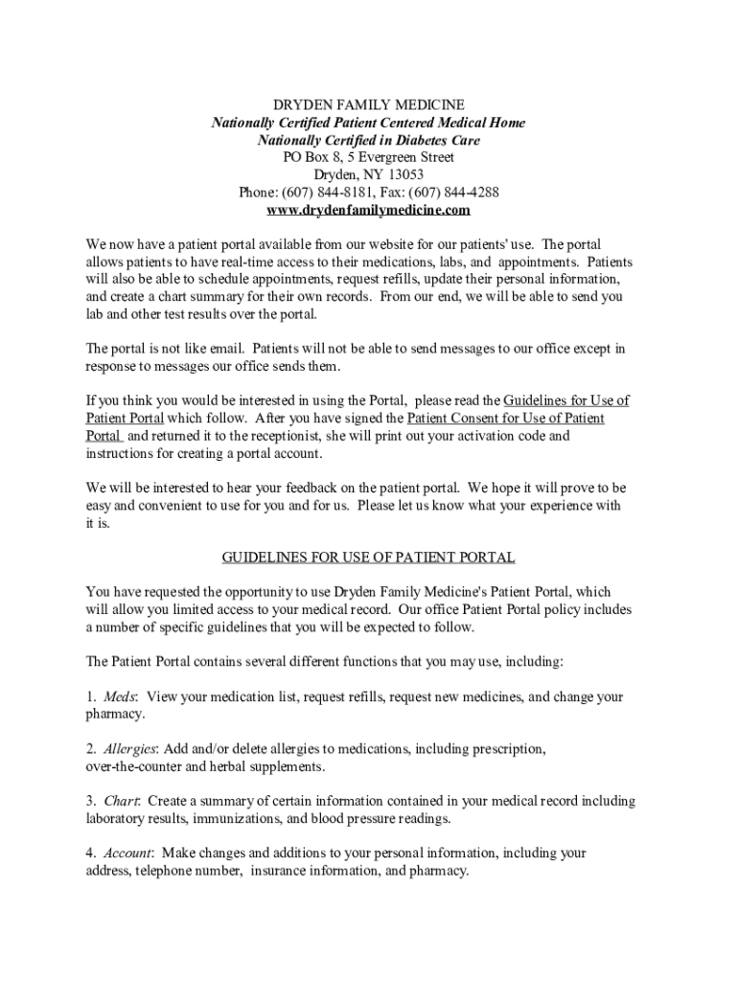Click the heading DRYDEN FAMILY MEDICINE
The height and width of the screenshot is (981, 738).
369,104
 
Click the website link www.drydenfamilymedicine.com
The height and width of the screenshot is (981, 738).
369,210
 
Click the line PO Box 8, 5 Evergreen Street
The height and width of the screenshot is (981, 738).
369,157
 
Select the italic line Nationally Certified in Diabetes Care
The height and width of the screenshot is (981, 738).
369,140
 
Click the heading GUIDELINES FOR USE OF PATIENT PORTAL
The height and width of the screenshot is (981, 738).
369,557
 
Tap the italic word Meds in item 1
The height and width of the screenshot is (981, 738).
120,696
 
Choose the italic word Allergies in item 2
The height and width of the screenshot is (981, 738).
130,748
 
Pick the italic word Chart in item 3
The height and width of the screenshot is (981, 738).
122,801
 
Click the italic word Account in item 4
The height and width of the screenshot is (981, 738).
127,853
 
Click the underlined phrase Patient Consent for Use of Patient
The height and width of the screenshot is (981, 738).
506,419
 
